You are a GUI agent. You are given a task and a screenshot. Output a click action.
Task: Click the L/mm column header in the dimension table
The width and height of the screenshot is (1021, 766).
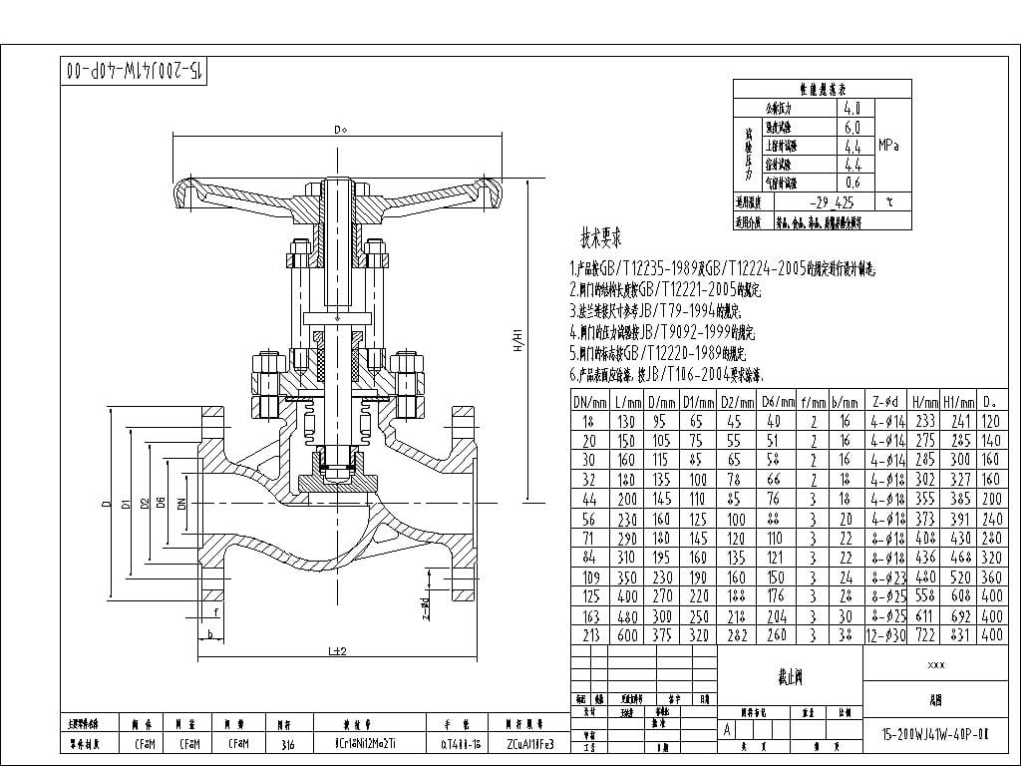[626, 401]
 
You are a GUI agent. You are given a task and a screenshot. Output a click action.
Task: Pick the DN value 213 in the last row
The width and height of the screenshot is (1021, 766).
[589, 634]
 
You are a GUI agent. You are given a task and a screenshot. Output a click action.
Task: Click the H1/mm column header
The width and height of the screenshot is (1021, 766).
[958, 401]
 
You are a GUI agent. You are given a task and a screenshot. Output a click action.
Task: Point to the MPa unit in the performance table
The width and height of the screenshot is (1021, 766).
[889, 146]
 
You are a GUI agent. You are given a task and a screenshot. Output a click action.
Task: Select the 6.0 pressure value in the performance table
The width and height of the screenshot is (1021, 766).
[851, 128]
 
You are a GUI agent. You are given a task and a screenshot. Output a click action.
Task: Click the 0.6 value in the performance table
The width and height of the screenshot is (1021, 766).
[851, 183]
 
